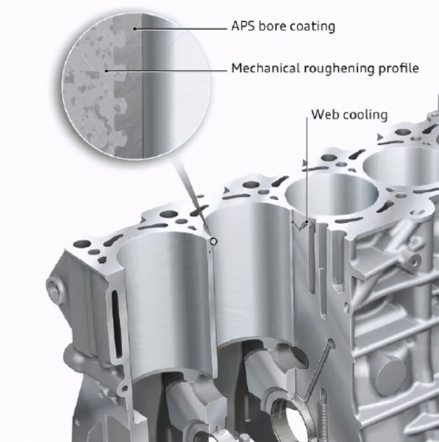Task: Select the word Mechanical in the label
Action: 265,68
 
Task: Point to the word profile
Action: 399,69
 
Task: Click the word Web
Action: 324,114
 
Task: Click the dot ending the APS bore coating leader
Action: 135,29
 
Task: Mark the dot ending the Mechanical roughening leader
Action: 106,71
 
